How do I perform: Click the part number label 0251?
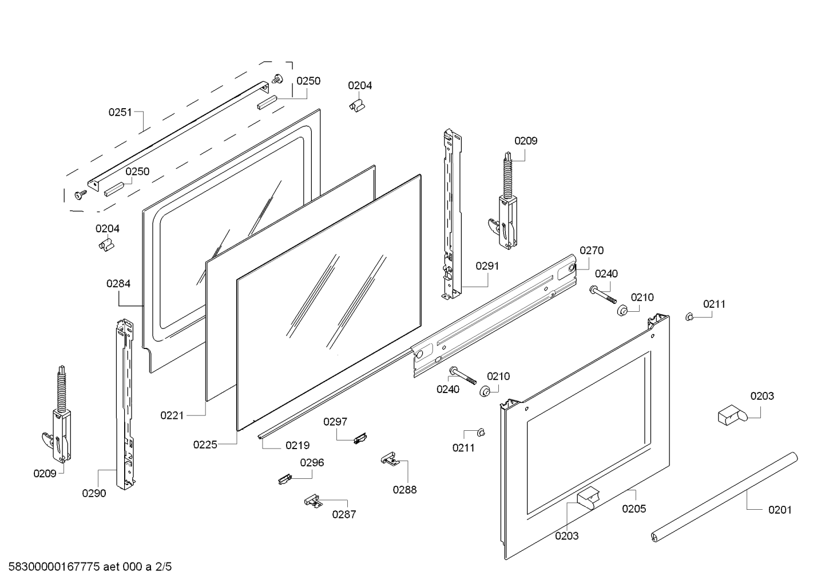120,112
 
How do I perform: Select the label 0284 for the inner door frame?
118,283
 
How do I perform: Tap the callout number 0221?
172,415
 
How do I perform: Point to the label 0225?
205,445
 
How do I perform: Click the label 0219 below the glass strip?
298,445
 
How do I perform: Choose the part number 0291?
487,266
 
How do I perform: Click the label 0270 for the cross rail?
591,250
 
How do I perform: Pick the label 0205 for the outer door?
634,509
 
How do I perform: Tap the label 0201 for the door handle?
780,510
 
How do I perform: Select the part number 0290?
94,493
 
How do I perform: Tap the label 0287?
344,514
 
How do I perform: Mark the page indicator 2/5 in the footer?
164,568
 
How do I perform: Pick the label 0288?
404,490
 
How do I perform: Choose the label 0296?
312,462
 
